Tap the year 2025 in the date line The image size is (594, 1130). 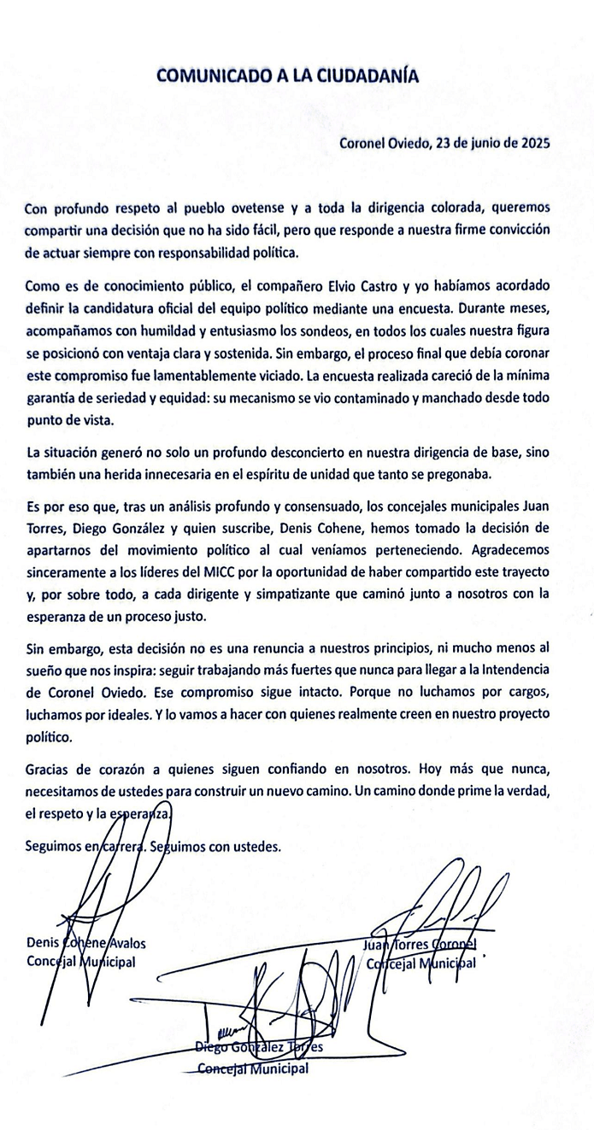click(532, 143)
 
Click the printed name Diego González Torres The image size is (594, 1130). click(258, 1047)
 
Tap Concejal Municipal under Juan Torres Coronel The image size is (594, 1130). click(420, 963)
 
